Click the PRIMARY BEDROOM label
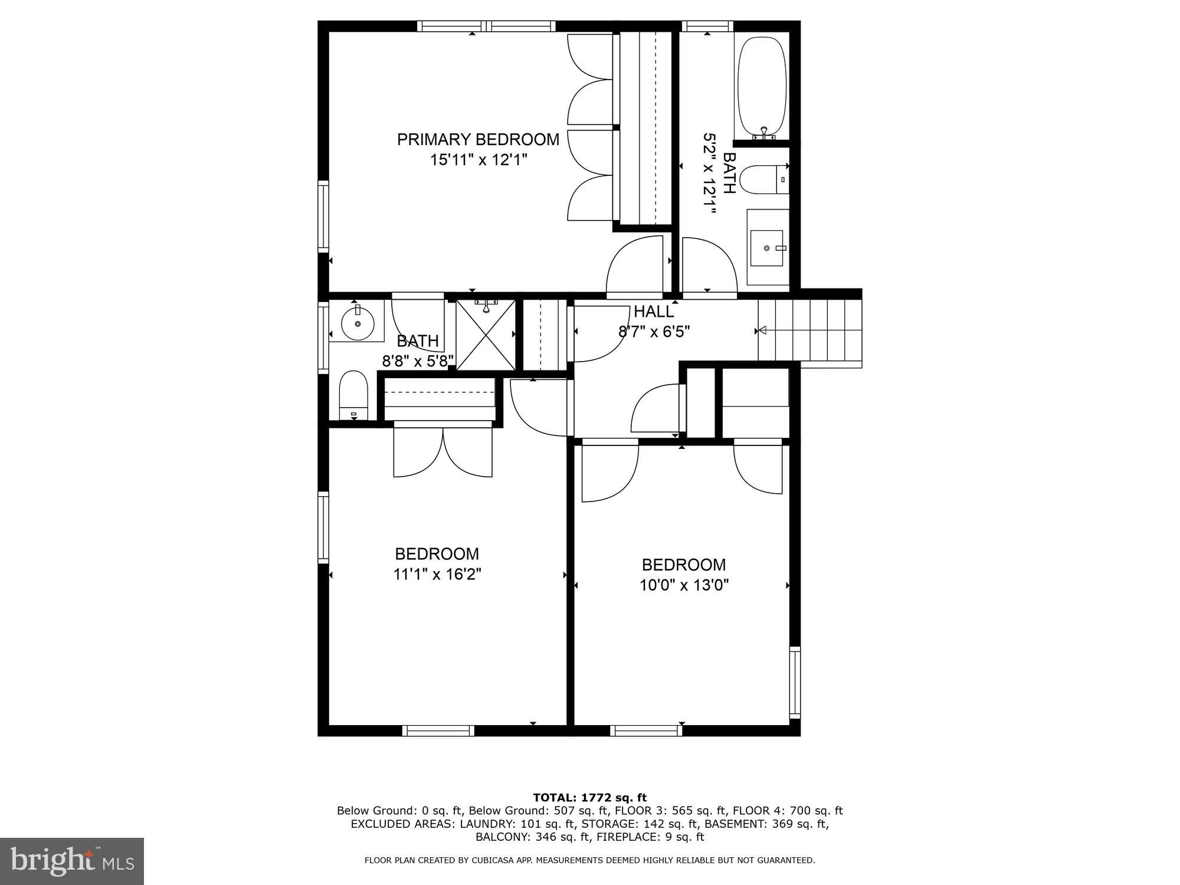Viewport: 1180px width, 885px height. (478, 139)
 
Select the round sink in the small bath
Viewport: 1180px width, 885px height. (358, 324)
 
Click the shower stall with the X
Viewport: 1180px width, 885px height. (486, 335)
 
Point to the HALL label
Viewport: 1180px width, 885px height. (654, 312)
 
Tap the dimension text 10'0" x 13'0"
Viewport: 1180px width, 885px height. (684, 585)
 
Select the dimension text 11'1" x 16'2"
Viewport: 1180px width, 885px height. (437, 574)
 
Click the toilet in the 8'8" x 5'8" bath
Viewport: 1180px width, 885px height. (353, 395)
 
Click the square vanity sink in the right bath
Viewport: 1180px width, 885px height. (767, 248)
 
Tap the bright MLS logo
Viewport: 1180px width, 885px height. (72, 861)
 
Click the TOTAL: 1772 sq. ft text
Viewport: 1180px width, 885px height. (589, 798)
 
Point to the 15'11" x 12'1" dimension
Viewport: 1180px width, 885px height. (478, 160)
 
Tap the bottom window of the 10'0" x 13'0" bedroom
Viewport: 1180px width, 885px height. (646, 730)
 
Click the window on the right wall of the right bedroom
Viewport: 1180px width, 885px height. (795, 683)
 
